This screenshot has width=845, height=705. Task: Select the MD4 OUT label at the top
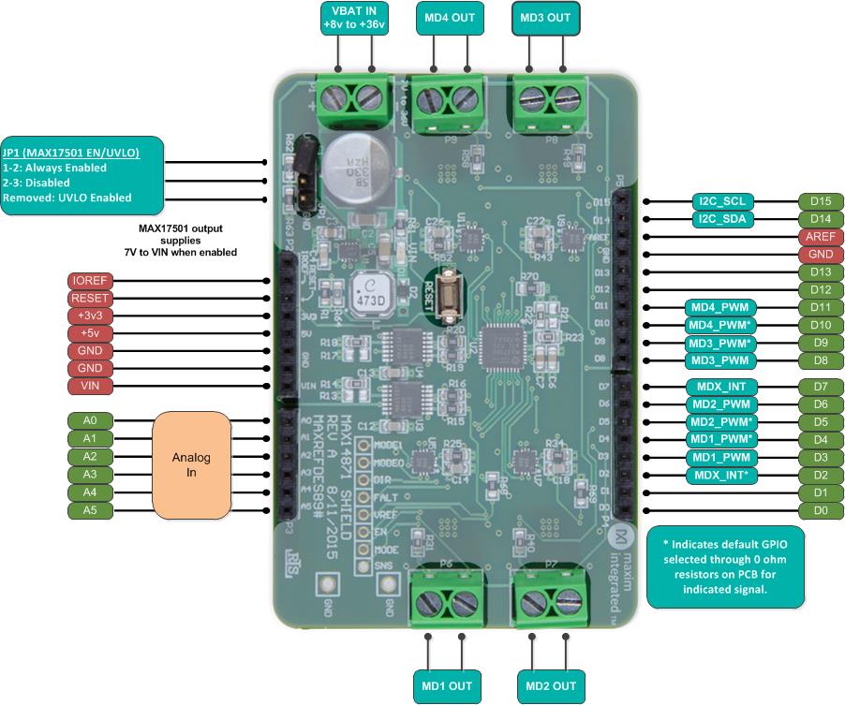tap(450, 18)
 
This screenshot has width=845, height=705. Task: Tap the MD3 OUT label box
tap(545, 18)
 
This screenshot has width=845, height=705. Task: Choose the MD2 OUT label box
tap(551, 685)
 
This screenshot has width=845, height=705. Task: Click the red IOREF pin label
tap(90, 280)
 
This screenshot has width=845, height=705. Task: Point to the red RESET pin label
tap(90, 298)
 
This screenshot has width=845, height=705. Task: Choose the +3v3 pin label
tap(90, 316)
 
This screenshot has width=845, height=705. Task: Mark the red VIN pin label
tap(90, 386)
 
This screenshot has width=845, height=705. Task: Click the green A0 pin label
tap(90, 420)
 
